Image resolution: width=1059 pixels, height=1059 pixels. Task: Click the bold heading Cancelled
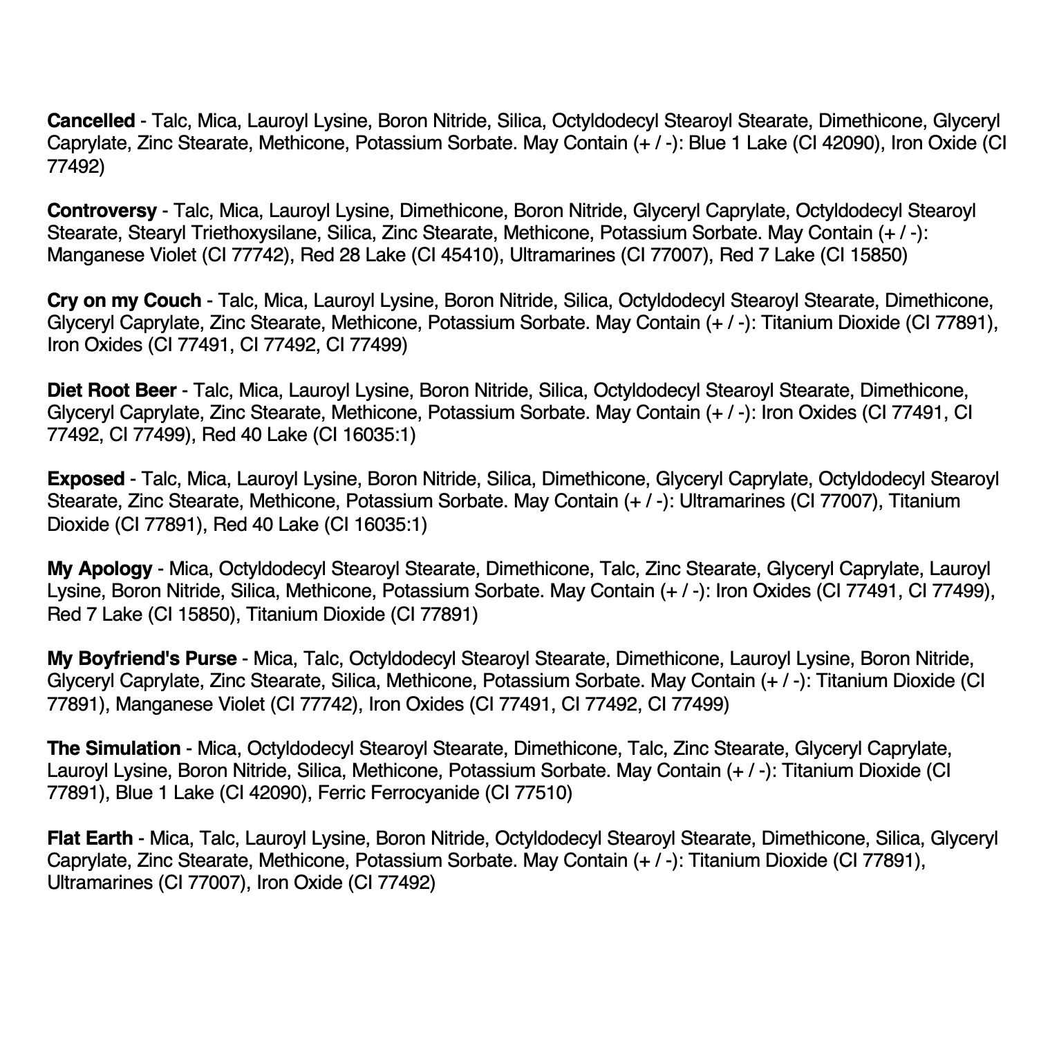pyautogui.click(x=91, y=121)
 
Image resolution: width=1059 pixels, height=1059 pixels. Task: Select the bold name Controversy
pyautogui.click(x=102, y=210)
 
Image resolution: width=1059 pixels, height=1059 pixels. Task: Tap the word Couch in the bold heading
pyautogui.click(x=172, y=301)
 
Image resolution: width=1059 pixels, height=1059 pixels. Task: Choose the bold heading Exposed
pyautogui.click(x=86, y=479)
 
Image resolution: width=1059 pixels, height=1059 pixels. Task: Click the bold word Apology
pyautogui.click(x=115, y=569)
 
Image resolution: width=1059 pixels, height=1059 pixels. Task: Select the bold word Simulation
pyautogui.click(x=133, y=749)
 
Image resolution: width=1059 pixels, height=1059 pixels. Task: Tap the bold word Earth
pyautogui.click(x=109, y=838)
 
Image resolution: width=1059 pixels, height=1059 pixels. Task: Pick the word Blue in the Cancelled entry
pyautogui.click(x=709, y=144)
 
